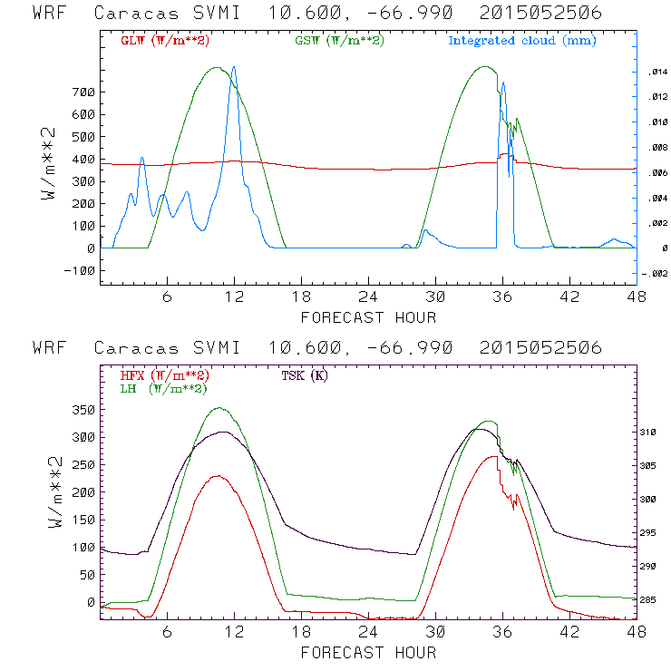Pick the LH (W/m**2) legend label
pos(162,388)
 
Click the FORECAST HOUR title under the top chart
pos(368,317)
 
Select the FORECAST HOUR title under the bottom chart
pos(368,652)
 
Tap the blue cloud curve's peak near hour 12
pos(234,67)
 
